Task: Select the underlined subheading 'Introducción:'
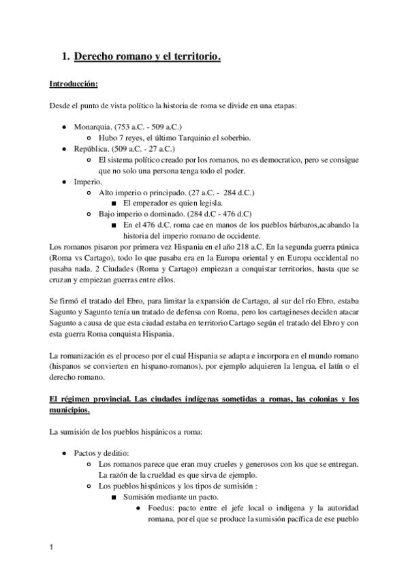(x=74, y=85)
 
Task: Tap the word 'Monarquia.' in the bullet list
(x=93, y=127)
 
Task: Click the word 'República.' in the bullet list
(x=91, y=148)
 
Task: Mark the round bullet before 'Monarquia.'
(x=63, y=127)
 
